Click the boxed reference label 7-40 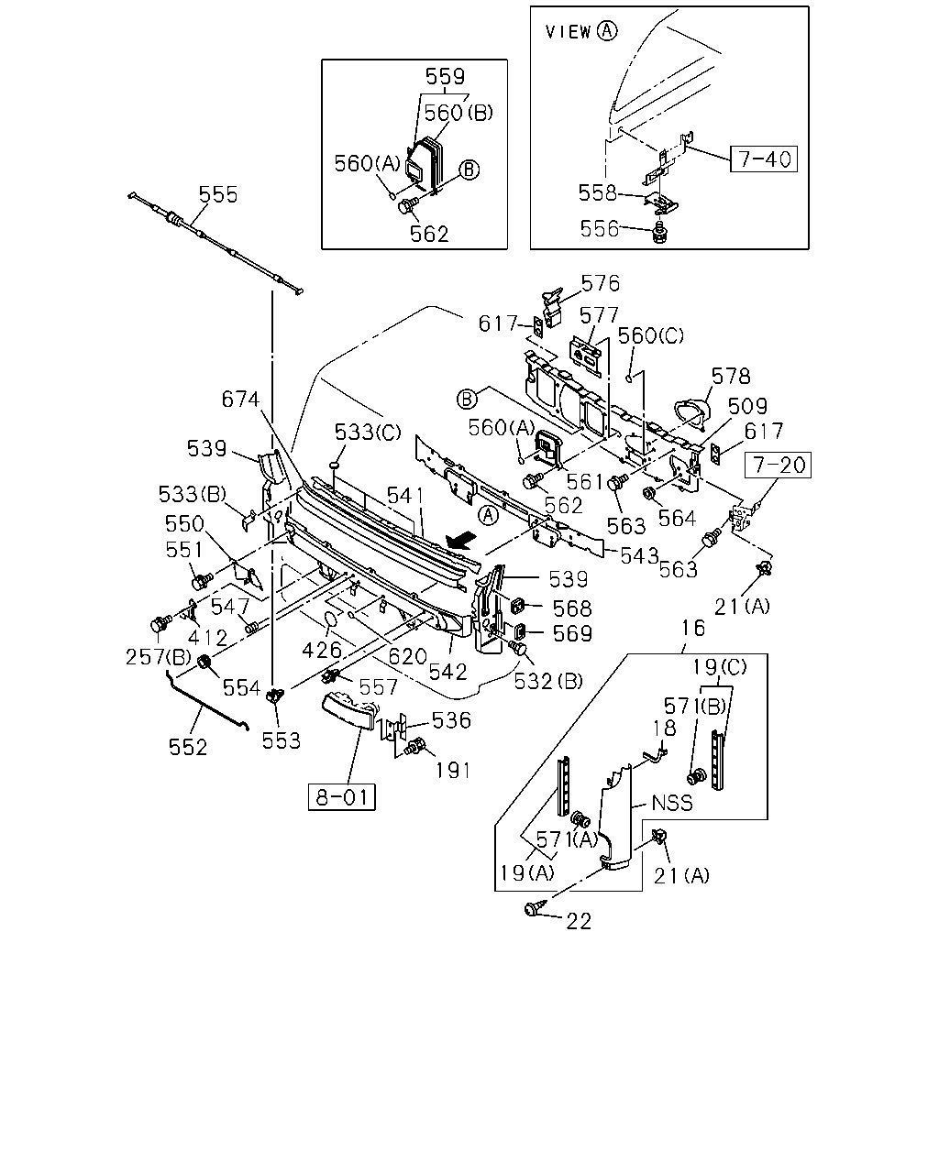tap(763, 159)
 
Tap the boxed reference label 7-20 tap(778, 465)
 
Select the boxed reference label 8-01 tap(341, 797)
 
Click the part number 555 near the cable tap(218, 194)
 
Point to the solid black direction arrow tap(461, 542)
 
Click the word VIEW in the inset tap(568, 32)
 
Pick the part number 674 tap(240, 400)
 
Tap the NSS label tap(672, 803)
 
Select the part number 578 tap(731, 376)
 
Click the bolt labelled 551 tap(202, 581)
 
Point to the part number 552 tap(188, 747)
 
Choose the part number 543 tap(639, 555)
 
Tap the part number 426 tap(322, 651)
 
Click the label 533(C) tap(368, 433)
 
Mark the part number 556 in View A tap(599, 229)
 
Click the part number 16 tap(693, 628)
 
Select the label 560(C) tap(650, 335)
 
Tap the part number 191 tap(452, 771)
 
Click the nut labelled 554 tap(204, 663)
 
